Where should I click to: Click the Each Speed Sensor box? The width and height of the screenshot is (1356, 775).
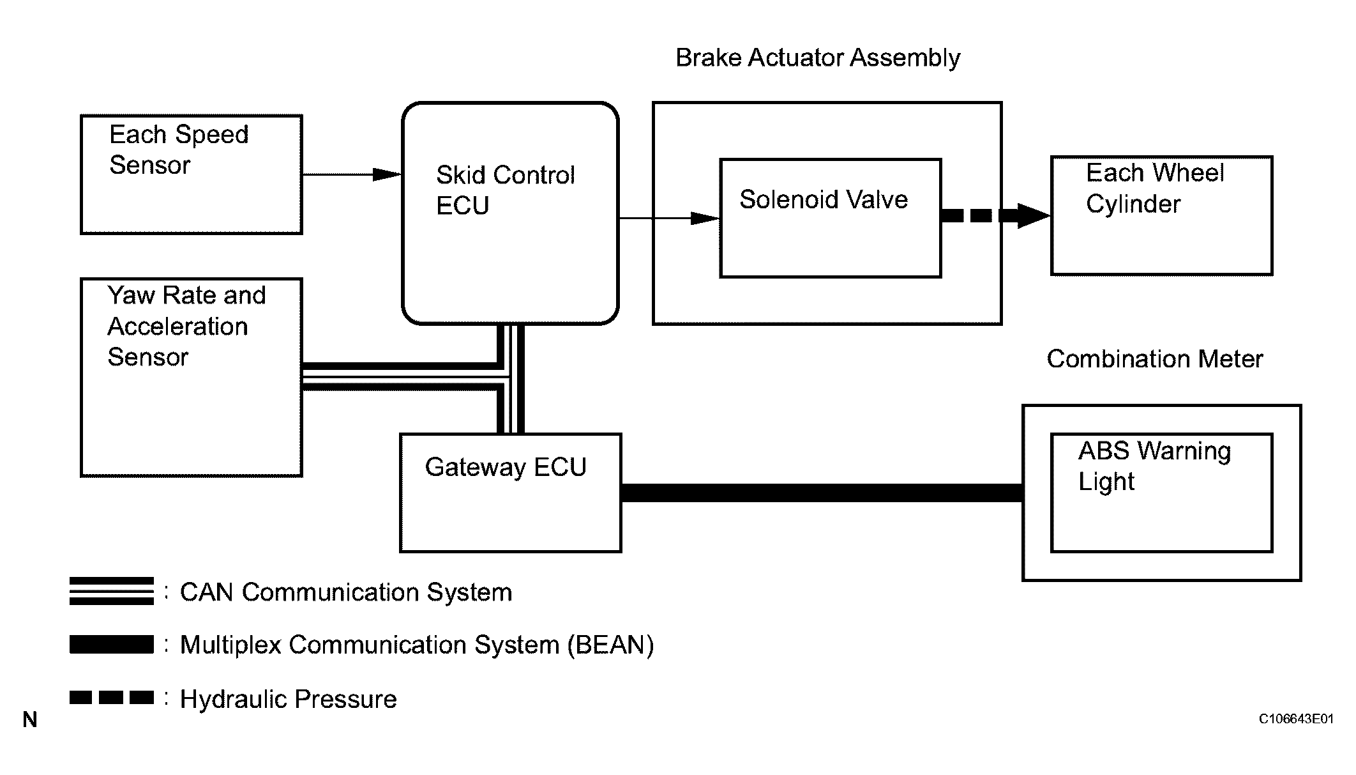(x=191, y=174)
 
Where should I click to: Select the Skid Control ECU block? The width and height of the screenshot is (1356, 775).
(x=510, y=213)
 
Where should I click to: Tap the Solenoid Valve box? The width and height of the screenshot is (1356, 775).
(x=830, y=218)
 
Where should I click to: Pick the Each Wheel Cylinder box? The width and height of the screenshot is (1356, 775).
(x=1161, y=215)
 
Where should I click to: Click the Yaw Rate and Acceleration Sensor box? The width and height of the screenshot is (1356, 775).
(x=191, y=377)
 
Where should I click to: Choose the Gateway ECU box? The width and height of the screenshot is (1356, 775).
(x=510, y=493)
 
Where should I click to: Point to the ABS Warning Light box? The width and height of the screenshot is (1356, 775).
(x=1161, y=493)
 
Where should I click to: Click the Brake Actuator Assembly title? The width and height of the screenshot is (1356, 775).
(x=817, y=58)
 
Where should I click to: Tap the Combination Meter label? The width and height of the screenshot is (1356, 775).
(x=1154, y=359)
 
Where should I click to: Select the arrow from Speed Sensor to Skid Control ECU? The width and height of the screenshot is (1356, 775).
(x=351, y=174)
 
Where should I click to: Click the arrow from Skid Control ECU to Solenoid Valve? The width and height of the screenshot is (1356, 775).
(x=669, y=219)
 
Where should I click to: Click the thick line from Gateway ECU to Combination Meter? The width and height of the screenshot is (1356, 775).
(x=822, y=493)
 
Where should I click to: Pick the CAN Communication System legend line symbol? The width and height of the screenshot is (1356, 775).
(x=112, y=591)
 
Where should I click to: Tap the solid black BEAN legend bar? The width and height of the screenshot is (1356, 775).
(x=112, y=644)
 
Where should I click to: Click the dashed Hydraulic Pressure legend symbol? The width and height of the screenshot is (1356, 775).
(x=112, y=697)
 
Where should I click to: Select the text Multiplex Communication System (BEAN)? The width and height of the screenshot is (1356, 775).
(x=416, y=645)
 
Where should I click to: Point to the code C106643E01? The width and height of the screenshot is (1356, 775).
(x=1295, y=719)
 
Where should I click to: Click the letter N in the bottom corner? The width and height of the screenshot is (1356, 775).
(x=30, y=720)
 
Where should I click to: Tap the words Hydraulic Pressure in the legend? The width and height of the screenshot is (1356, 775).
(x=288, y=699)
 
